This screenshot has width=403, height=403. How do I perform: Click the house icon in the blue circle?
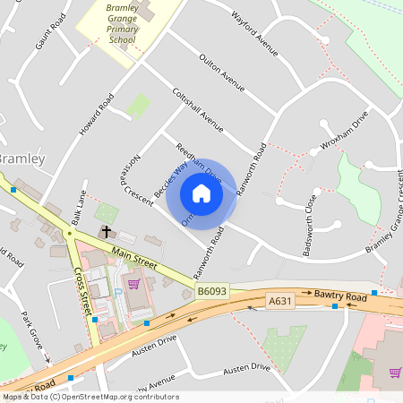tap(201, 193)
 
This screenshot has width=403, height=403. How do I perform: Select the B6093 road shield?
tap(213, 291)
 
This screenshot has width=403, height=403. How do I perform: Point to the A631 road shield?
tap(281, 303)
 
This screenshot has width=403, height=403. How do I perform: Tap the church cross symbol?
tap(107, 231)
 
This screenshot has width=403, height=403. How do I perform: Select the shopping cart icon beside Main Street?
tap(133, 284)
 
